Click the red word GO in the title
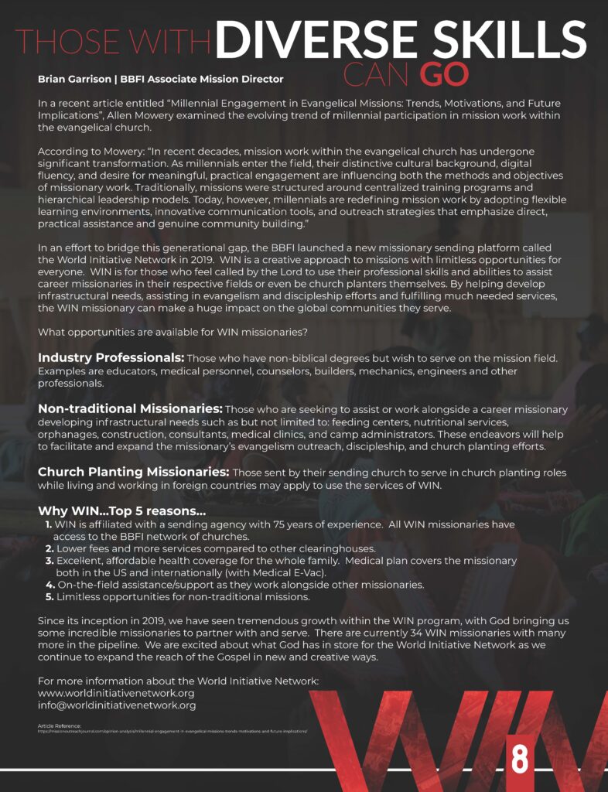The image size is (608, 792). tap(444, 73)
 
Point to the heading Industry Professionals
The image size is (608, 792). tap(111, 358)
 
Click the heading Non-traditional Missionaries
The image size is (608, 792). tap(131, 408)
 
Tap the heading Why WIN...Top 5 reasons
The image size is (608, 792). tap(121, 512)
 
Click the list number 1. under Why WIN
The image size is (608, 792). tap(49, 525)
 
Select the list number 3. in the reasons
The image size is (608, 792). tap(49, 561)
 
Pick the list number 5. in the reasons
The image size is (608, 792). tap(50, 596)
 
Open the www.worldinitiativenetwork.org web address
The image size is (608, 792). tap(116, 693)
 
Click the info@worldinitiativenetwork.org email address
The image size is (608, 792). tap(117, 705)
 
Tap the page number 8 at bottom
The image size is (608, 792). tap(518, 759)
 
